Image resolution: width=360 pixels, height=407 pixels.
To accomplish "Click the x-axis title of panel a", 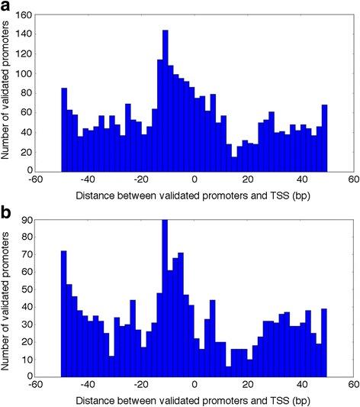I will tap(194, 195).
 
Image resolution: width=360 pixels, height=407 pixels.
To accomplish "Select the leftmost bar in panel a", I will tap(65, 130).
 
